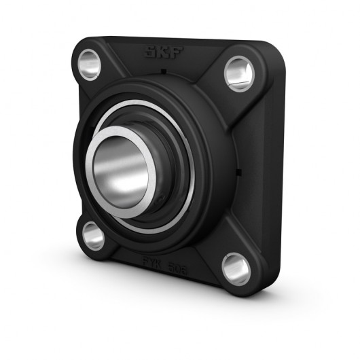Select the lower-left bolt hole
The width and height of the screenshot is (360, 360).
pos(92,236)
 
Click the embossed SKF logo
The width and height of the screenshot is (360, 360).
pos(162,54)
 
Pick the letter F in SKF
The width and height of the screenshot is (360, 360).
pos(174,55)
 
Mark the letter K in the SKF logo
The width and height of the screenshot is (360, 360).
pos(162,54)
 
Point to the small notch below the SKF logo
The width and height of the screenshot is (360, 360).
pos(164,70)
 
